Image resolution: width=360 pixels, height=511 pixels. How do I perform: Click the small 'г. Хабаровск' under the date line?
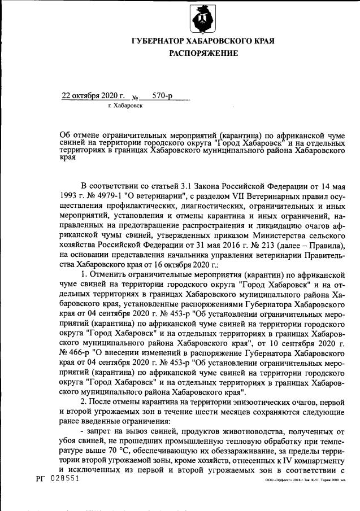[125, 106]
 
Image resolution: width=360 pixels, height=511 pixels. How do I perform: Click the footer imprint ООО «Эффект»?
[278, 480]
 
